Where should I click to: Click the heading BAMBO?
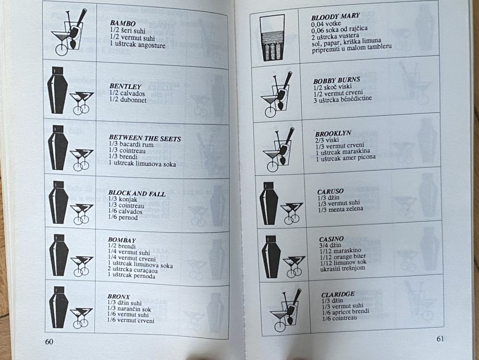(122, 23)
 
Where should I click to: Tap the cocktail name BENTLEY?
(125, 87)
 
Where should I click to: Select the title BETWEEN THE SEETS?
(145, 138)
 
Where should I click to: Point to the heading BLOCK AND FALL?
(137, 194)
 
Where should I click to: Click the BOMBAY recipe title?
(122, 240)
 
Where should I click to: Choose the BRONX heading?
(118, 296)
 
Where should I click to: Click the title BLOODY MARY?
(336, 17)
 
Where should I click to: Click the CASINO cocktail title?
(331, 239)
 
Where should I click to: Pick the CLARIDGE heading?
(338, 295)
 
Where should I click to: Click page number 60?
(49, 342)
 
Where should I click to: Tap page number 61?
(440, 339)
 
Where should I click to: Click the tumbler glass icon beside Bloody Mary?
(271, 38)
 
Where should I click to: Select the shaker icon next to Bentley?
(57, 90)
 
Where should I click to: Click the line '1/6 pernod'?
(123, 218)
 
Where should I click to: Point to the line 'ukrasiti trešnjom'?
(342, 269)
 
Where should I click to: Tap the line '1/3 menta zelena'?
(340, 209)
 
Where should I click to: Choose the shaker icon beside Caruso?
(269, 203)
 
